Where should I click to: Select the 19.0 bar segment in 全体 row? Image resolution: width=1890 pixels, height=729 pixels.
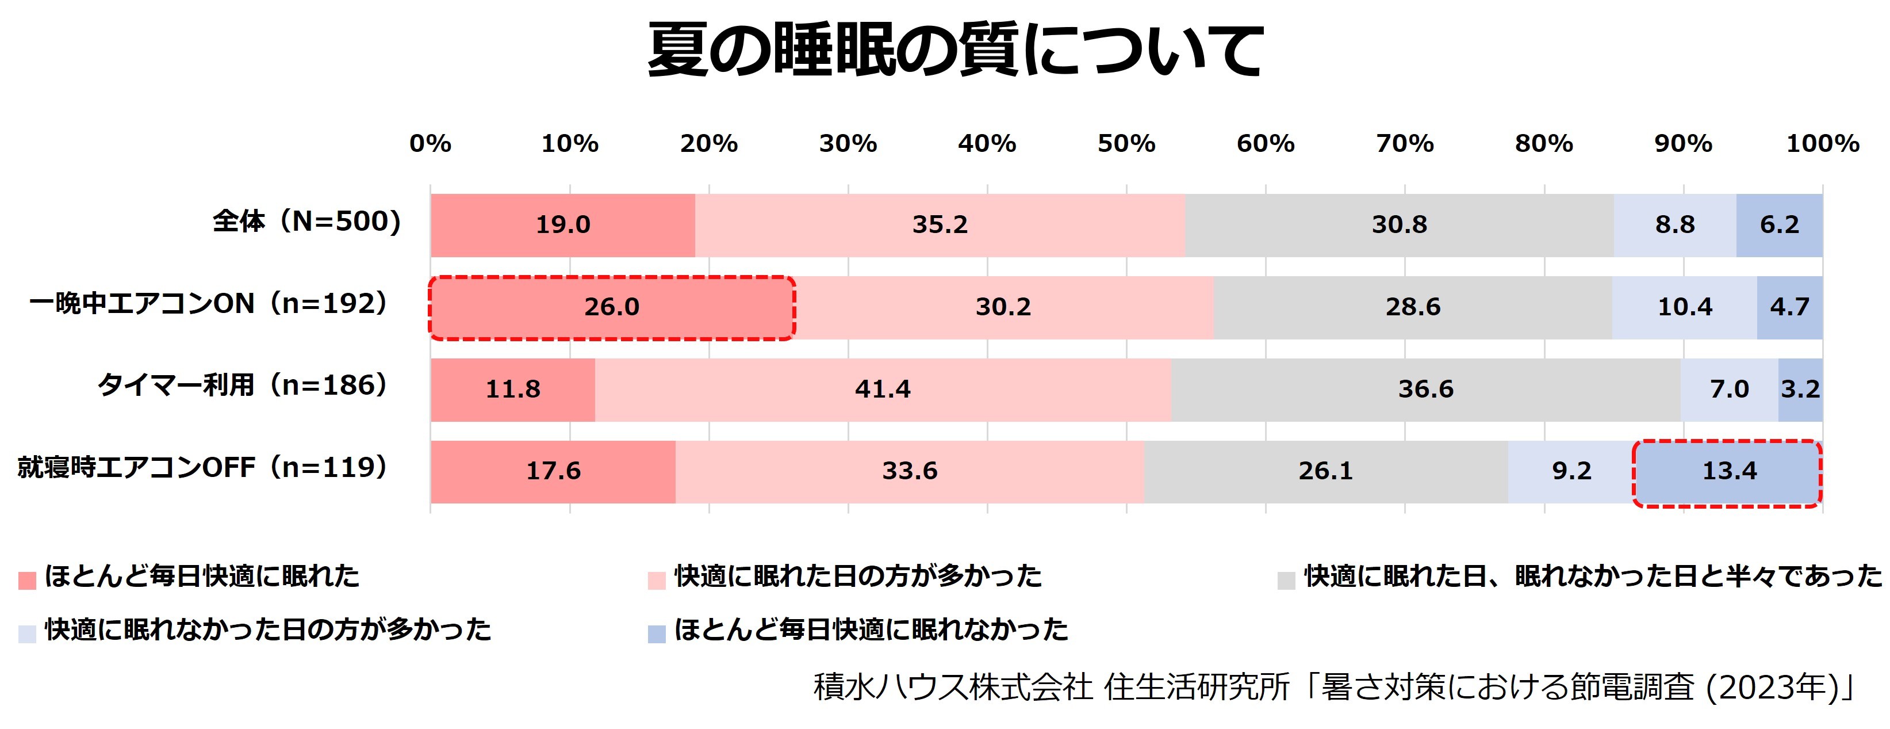tap(563, 224)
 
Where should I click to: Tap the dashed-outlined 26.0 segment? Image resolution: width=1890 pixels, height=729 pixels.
tap(612, 307)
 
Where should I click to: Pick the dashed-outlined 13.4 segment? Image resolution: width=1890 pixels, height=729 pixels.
tap(1728, 471)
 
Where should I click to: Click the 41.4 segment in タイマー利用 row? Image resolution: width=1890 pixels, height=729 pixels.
tap(883, 389)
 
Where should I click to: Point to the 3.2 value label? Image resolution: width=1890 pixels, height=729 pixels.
tap(1800, 389)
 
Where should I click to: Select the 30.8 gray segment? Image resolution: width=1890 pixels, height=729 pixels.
tap(1399, 224)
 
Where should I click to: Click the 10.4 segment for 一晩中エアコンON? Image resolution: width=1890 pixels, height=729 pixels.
tap(1685, 307)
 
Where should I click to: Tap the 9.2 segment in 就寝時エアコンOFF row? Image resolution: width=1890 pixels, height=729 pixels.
tap(1571, 471)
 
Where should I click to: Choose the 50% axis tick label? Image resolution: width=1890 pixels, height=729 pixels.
tap(1126, 144)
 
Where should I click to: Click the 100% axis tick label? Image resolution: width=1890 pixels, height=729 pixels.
tap(1823, 144)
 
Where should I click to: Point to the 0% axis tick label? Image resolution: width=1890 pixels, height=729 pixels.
tap(431, 144)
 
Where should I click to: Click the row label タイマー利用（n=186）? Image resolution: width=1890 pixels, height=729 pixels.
tap(243, 386)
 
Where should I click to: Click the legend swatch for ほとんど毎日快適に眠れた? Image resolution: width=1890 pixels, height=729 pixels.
tap(27, 581)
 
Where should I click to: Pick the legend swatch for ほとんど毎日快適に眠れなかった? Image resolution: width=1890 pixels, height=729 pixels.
tap(657, 633)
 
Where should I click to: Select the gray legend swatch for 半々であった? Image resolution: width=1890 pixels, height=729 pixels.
tap(1286, 581)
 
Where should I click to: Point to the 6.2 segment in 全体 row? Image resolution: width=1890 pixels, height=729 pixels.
tap(1779, 224)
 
